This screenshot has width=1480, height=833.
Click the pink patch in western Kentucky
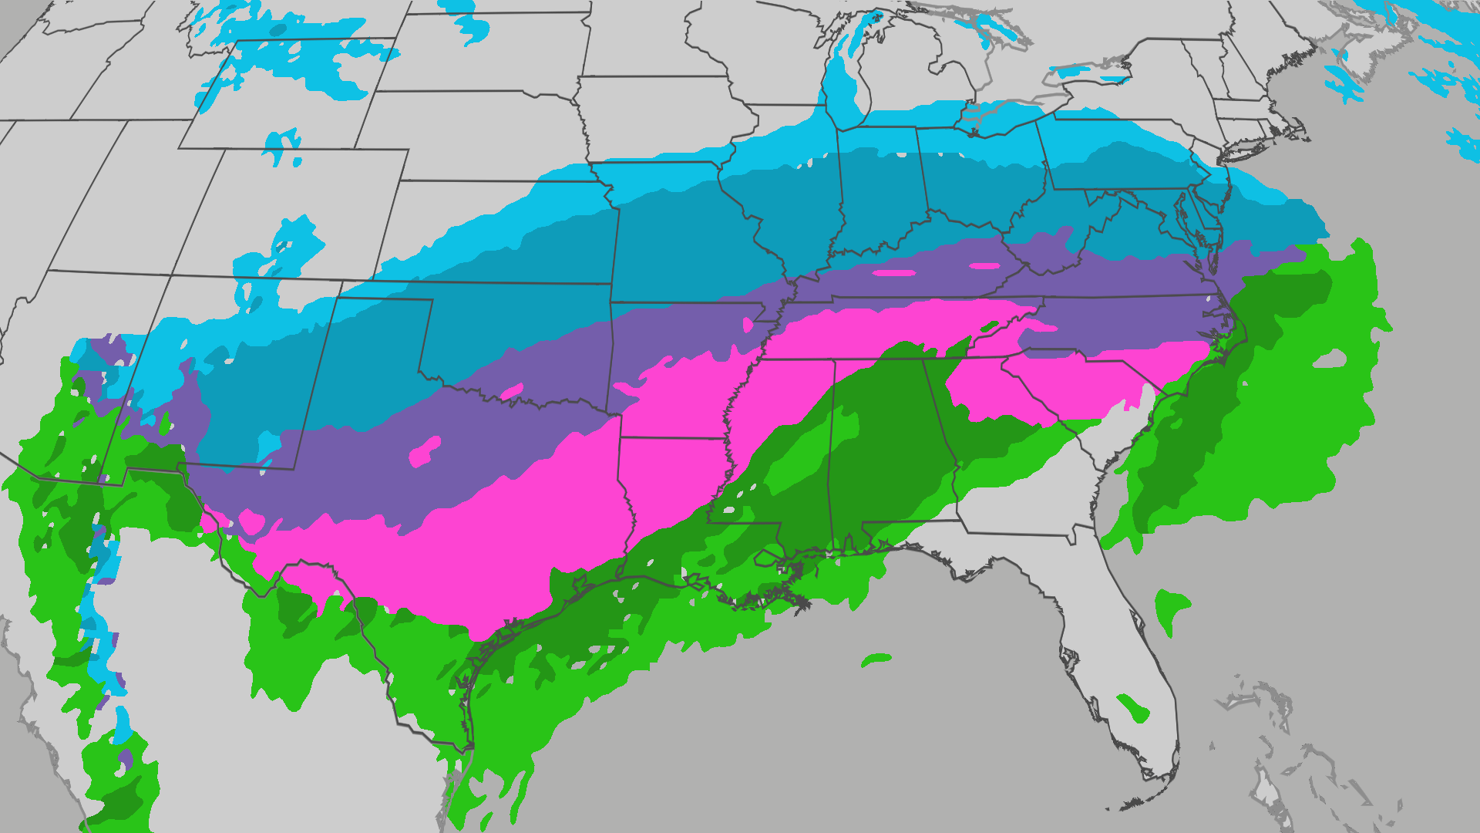[894, 272]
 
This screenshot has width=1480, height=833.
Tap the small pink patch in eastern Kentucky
[984, 266]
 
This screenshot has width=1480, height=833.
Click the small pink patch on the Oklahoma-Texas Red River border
[512, 393]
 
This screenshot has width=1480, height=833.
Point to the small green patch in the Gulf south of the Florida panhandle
[876, 659]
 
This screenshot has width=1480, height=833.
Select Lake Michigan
[848, 85]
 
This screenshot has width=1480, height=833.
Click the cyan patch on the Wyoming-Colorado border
[282, 146]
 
